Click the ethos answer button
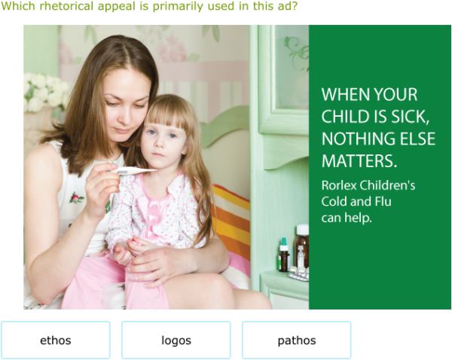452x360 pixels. tap(56, 340)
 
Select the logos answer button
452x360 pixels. tap(176, 340)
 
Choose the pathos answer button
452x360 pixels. tap(297, 340)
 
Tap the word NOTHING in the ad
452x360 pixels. tap(353, 139)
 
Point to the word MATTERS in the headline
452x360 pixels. tap(359, 161)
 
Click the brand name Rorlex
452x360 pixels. tap(340, 185)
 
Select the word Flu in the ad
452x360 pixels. tap(380, 202)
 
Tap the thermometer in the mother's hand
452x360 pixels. tap(135, 171)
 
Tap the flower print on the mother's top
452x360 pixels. tap(76, 198)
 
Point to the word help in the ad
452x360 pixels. tap(359, 218)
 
